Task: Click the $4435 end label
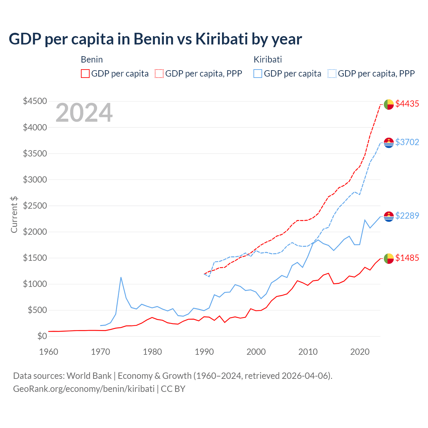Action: (407, 104)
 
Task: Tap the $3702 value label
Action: (407, 142)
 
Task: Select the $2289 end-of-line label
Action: (407, 216)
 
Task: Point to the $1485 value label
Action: (407, 258)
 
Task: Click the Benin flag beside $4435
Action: (389, 104)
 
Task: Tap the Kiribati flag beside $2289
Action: (389, 217)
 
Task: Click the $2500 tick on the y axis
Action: (35, 206)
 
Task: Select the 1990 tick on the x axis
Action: (204, 352)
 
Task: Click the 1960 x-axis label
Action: (49, 352)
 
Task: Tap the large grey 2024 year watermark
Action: (84, 113)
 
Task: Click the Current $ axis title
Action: (14, 215)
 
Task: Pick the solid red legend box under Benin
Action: (85, 74)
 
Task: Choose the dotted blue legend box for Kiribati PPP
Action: (332, 74)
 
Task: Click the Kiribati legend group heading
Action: (267, 60)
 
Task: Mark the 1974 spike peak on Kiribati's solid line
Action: (121, 277)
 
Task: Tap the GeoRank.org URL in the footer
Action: (84, 389)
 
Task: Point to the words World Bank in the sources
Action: (89, 376)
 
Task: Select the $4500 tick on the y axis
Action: (35, 101)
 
